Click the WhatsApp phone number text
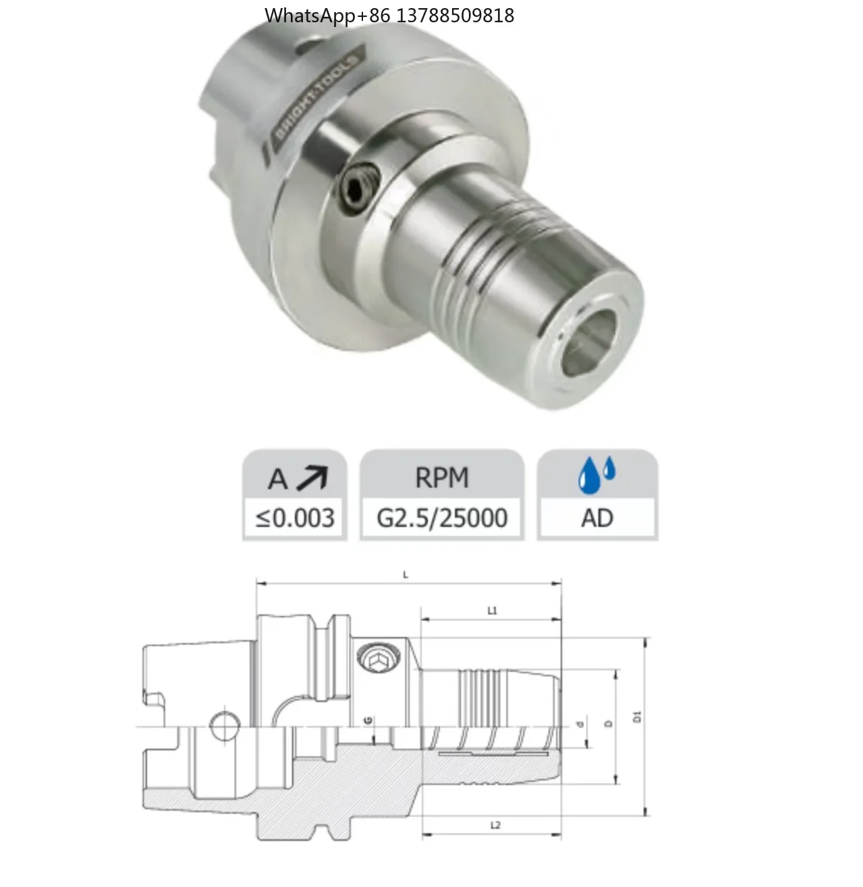pyautogui.click(x=389, y=15)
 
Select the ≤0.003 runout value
pyautogui.click(x=295, y=518)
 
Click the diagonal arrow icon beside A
pyautogui.click(x=311, y=477)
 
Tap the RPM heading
pyautogui.click(x=442, y=478)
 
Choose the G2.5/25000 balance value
pyautogui.click(x=442, y=518)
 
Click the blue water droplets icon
pyautogui.click(x=596, y=474)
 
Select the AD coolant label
pyautogui.click(x=597, y=518)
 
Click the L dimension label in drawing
pyautogui.click(x=406, y=575)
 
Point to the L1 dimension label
pyautogui.click(x=493, y=611)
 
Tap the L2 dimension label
pyautogui.click(x=495, y=826)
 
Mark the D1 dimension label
pyautogui.click(x=637, y=717)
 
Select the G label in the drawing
pyautogui.click(x=368, y=720)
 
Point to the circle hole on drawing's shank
pyautogui.click(x=224, y=727)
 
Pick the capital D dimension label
pyautogui.click(x=608, y=724)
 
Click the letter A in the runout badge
pyautogui.click(x=277, y=479)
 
